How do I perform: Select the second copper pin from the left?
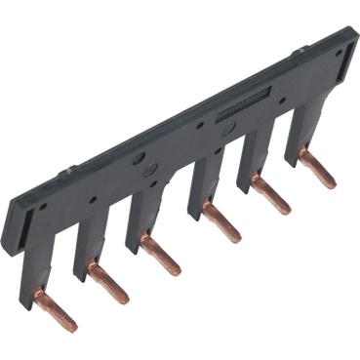[108, 284]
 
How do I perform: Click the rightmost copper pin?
[317, 168]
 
